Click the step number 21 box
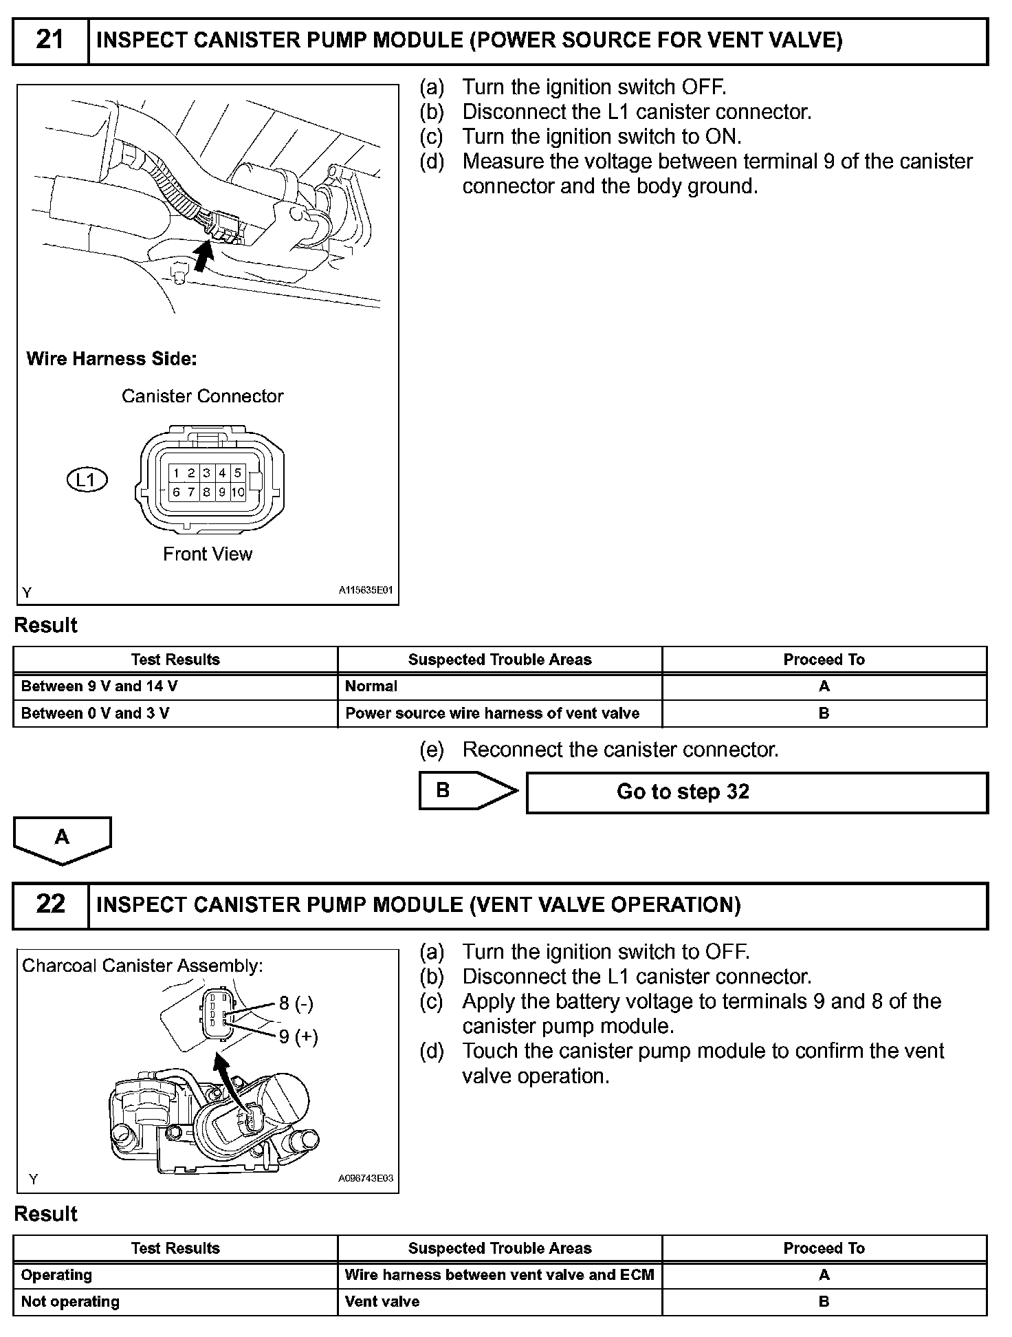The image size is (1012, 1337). (x=50, y=41)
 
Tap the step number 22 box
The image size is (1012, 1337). (x=50, y=904)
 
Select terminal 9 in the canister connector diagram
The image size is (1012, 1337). (x=222, y=492)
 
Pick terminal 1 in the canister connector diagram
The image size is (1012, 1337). (x=177, y=472)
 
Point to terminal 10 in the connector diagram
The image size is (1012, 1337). (x=238, y=492)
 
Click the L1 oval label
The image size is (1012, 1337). (x=87, y=479)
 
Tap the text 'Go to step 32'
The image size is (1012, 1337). (x=683, y=792)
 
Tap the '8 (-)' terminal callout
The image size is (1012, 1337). (x=296, y=1003)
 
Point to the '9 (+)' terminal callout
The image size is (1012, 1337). (x=298, y=1036)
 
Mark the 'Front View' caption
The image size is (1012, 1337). (x=208, y=554)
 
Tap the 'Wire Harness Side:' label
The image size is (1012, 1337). (x=111, y=358)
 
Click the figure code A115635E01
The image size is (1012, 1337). (x=365, y=590)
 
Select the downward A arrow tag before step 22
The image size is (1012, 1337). (x=62, y=839)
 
